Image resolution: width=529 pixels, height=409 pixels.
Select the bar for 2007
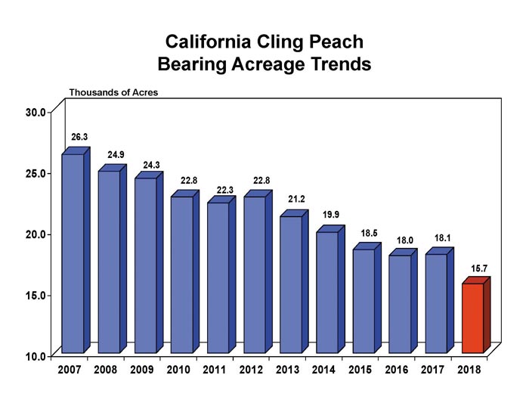tap(73, 253)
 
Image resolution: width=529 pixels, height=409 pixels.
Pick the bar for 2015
tap(363, 301)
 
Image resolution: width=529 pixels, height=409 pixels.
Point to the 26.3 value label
tap(79, 138)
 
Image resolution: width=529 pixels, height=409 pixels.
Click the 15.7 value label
tap(480, 267)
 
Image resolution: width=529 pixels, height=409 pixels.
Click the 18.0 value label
tap(407, 239)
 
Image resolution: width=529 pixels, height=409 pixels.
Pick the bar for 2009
tap(145, 265)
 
